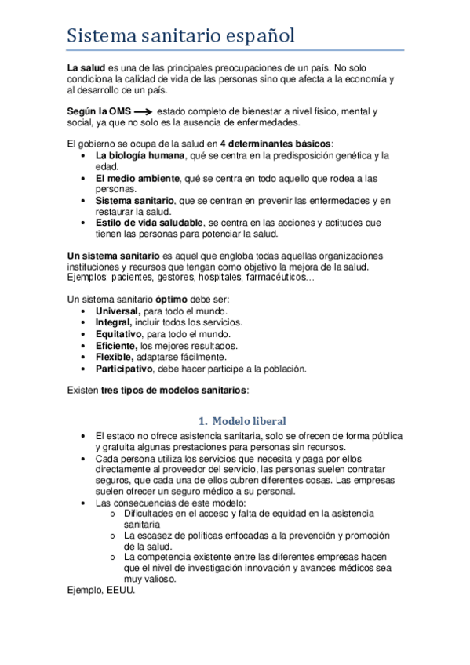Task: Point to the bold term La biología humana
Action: (x=138, y=156)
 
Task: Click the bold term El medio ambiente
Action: (x=137, y=178)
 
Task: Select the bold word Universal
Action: (x=118, y=312)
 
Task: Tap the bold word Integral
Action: (x=114, y=323)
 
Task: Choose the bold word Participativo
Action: (x=124, y=368)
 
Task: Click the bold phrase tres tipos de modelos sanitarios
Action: (x=173, y=390)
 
